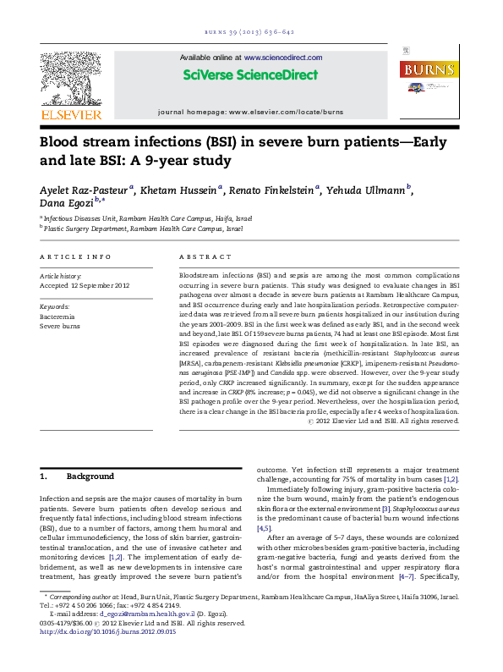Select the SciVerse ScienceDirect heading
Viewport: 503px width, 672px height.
250,75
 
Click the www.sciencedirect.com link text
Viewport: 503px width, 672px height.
284,58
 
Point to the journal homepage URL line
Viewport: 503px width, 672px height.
250,112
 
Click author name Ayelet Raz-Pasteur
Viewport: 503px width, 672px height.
85,190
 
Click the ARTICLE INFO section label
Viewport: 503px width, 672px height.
75,256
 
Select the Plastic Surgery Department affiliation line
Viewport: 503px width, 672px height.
143,229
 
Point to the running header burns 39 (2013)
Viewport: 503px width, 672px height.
250,32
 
